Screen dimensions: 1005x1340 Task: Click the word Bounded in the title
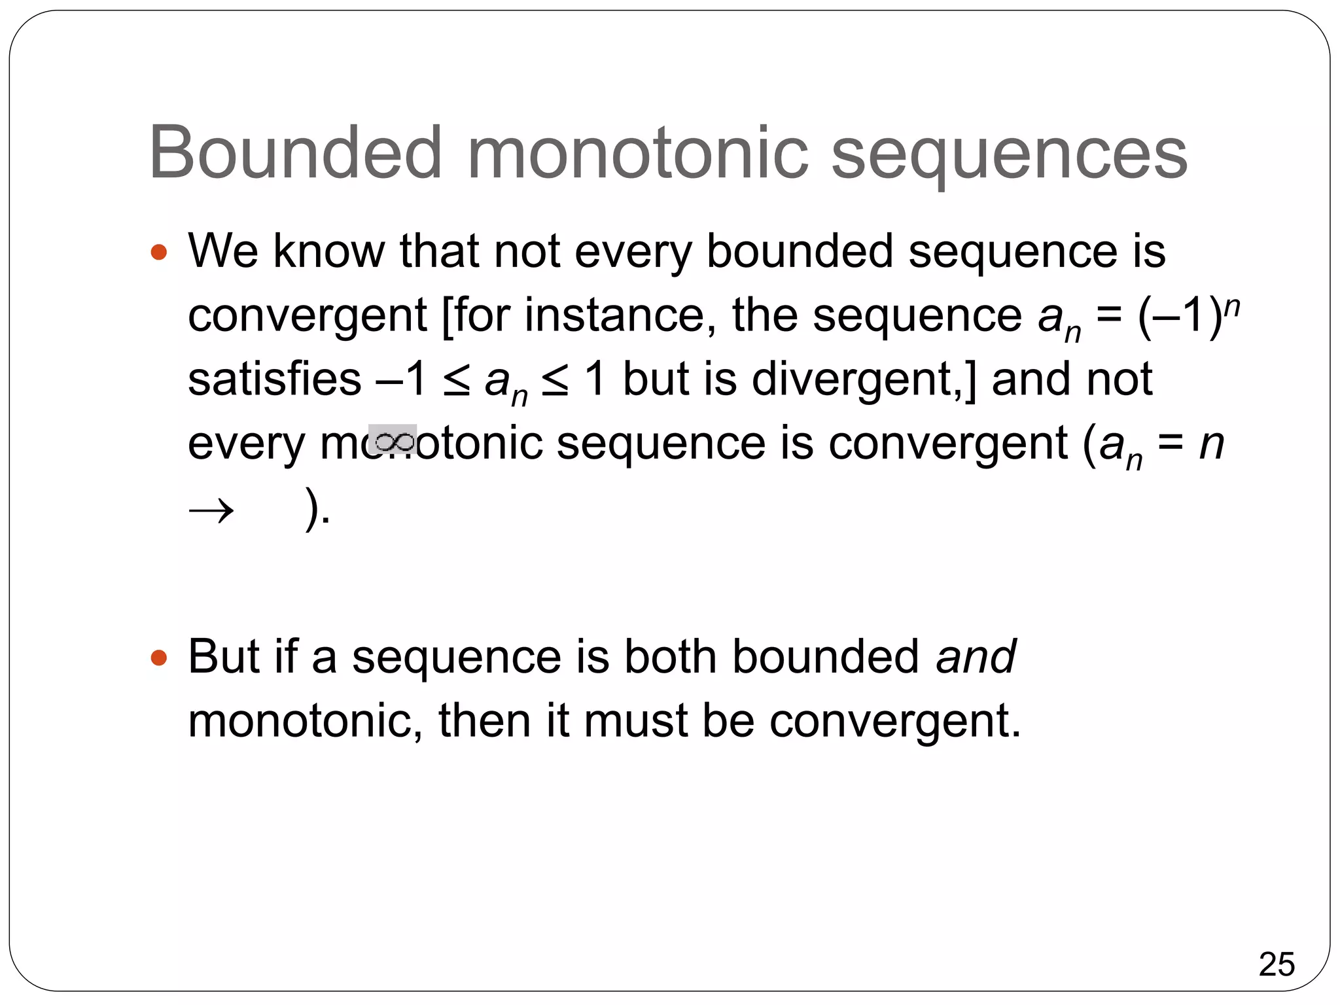[x=296, y=153]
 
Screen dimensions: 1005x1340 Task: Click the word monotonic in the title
[x=638, y=153]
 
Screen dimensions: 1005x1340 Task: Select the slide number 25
[x=1276, y=964]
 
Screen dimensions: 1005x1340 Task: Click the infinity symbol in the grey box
[x=393, y=440]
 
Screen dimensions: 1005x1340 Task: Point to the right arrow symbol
[x=211, y=510]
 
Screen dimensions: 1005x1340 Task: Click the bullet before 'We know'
[x=159, y=252]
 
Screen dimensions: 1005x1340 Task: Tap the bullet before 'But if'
[x=159, y=657]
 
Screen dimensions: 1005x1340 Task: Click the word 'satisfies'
[x=274, y=379]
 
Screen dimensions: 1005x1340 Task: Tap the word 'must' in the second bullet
[x=635, y=721]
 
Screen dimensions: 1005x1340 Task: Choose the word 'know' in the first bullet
[x=329, y=252]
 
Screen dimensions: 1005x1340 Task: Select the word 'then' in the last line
[x=484, y=721]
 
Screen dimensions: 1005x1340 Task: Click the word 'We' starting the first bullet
[x=223, y=252]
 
